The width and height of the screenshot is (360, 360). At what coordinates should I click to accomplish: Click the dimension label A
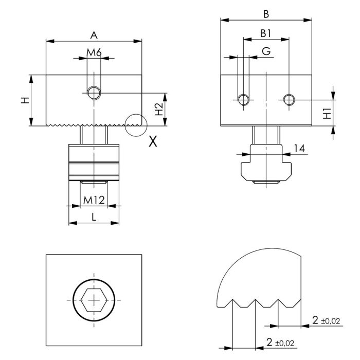click(94, 35)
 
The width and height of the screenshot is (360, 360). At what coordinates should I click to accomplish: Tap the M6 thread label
click(94, 52)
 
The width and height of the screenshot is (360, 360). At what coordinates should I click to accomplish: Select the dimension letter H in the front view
click(25, 100)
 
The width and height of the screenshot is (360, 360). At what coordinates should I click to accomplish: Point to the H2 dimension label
click(158, 109)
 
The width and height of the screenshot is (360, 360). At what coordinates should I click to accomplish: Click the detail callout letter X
click(153, 141)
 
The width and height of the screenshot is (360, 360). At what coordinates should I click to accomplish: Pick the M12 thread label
click(94, 200)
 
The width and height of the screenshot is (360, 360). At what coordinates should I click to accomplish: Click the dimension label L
click(94, 217)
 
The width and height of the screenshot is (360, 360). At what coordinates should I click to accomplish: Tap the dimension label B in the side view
click(266, 14)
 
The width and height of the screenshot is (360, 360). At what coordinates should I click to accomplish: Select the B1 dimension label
click(266, 33)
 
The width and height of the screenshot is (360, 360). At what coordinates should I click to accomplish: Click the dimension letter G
click(266, 51)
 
